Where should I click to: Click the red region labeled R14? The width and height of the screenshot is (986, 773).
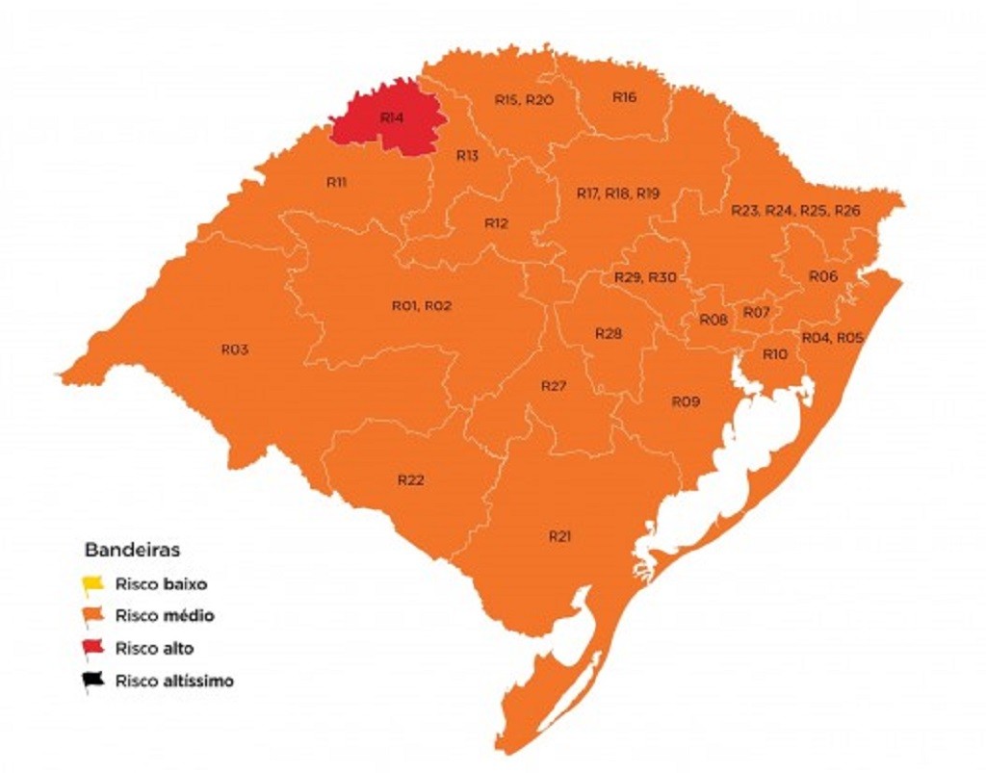[390, 119]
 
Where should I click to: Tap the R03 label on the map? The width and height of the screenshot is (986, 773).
[234, 349]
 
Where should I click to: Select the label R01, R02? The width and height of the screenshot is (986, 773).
[422, 305]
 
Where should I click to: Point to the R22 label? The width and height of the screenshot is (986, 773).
[411, 479]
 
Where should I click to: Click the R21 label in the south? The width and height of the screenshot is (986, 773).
[560, 535]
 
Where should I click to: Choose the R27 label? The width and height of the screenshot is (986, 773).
[553, 386]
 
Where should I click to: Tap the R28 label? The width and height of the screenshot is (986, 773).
[609, 334]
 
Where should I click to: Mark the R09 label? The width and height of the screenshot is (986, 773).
[685, 400]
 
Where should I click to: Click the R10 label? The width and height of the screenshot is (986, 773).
[775, 354]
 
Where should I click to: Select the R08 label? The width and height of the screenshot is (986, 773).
[714, 320]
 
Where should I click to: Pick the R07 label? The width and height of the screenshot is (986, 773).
[756, 312]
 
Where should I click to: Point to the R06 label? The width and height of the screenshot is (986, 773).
[822, 276]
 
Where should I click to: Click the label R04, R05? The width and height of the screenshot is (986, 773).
[833, 338]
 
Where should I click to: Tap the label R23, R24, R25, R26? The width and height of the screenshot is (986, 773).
[795, 210]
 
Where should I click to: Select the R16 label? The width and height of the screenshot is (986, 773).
[624, 97]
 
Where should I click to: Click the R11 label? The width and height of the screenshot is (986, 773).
[336, 181]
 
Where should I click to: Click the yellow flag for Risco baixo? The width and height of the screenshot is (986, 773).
[93, 583]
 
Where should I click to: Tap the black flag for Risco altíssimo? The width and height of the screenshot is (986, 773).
[93, 682]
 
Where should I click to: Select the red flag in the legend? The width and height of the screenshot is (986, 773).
[93, 649]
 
